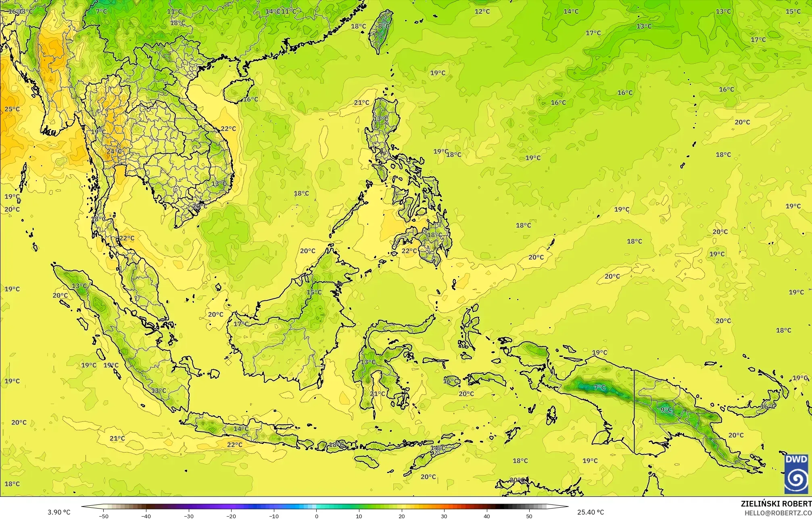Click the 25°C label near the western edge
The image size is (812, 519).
[x=12, y=109]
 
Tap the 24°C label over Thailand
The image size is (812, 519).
[x=114, y=152]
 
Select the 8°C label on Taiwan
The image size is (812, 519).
[x=384, y=27]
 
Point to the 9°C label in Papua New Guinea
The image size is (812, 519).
[x=666, y=410]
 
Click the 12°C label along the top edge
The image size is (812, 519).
[x=482, y=11]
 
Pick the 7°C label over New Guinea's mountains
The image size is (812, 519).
[x=599, y=388]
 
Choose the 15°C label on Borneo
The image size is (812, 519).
[x=314, y=292]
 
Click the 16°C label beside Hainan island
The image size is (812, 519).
[x=250, y=99]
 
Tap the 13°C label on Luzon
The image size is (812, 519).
[x=380, y=119]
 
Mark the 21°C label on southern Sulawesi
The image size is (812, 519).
[x=378, y=394]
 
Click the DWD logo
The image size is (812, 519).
[x=797, y=474]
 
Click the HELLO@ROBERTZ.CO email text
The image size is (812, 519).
[x=778, y=513]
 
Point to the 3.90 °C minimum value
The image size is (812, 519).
[x=59, y=513]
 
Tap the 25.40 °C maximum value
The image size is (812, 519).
[x=590, y=513]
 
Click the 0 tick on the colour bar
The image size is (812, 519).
[x=316, y=516]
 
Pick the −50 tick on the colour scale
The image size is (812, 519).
[x=103, y=516]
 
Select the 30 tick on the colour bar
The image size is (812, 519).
[x=444, y=516]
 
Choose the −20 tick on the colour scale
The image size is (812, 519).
[x=231, y=516]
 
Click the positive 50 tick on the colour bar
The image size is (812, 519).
[x=529, y=516]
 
